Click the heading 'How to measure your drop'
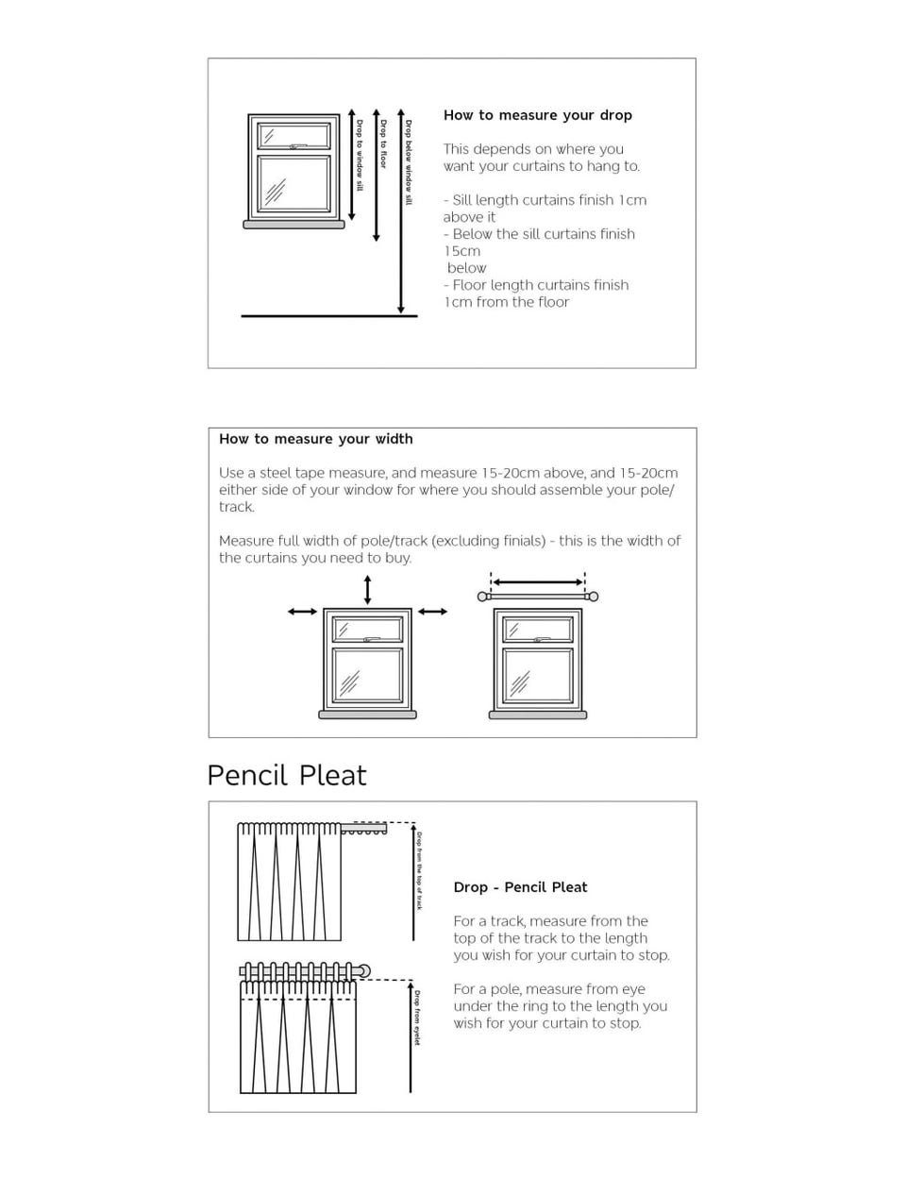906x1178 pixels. point(537,115)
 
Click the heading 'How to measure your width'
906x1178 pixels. point(315,439)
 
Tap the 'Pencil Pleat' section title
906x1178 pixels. point(286,775)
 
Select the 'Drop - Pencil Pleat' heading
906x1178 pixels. point(520,887)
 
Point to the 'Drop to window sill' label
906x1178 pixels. point(359,155)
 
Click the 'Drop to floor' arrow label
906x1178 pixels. point(383,143)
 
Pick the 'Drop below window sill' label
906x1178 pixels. point(409,162)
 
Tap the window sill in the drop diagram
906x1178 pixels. point(294,225)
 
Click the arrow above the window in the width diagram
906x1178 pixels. point(367,589)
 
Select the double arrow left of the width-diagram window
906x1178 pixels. point(302,612)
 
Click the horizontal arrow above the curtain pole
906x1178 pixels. point(538,582)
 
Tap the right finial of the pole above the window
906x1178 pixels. point(593,597)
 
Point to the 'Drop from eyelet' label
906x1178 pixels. point(417,1018)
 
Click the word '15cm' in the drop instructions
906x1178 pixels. point(462,251)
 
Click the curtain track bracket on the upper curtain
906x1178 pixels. point(365,830)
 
